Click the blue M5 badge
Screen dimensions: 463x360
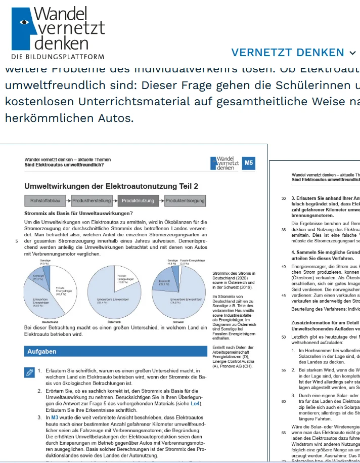[249, 163]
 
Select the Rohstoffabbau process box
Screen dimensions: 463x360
[46, 201]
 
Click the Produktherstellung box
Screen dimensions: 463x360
[91, 201]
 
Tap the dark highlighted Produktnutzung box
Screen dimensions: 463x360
[138, 201]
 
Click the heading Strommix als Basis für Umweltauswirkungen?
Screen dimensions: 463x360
[78, 214]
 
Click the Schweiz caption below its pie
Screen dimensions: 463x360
[178, 321]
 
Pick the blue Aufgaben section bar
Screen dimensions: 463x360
[115, 351]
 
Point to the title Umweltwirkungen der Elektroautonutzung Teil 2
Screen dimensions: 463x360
[111, 186]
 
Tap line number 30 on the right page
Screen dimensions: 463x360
[284, 198]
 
